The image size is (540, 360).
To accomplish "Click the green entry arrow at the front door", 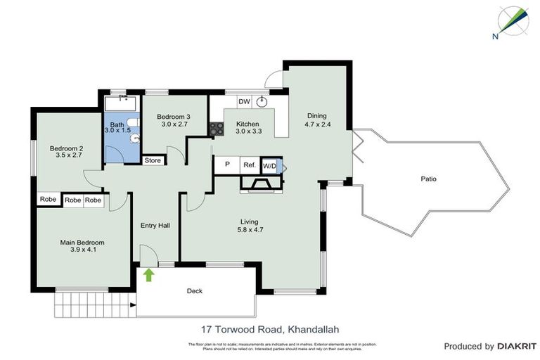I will point(149,274).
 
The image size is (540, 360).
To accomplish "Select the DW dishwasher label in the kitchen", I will point(244,102).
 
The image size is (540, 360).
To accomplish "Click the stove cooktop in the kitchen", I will point(216,129).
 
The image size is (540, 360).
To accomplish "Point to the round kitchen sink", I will point(262,101).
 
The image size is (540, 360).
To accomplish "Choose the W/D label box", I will point(269,165).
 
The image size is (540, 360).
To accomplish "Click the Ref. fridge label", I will point(249,165).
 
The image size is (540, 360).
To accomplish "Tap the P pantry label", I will point(227,165).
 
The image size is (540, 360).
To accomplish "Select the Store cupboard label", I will point(153,160).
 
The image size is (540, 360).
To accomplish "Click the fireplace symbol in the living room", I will point(261,184).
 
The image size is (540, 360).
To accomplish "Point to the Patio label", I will point(428,179).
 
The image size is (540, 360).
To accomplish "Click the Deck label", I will point(195,290).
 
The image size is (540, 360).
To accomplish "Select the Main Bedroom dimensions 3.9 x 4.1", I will point(82,249).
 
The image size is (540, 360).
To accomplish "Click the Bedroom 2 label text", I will point(66,148).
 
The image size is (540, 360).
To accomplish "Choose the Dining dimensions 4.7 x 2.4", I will point(316,124).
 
